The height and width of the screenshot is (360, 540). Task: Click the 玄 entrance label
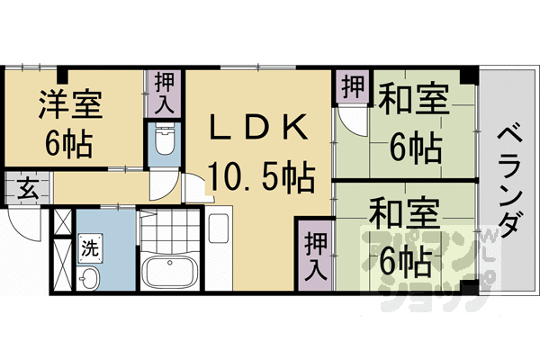point(26,190)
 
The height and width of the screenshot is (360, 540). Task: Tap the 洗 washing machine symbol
point(90,246)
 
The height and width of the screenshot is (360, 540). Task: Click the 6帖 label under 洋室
point(70,143)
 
